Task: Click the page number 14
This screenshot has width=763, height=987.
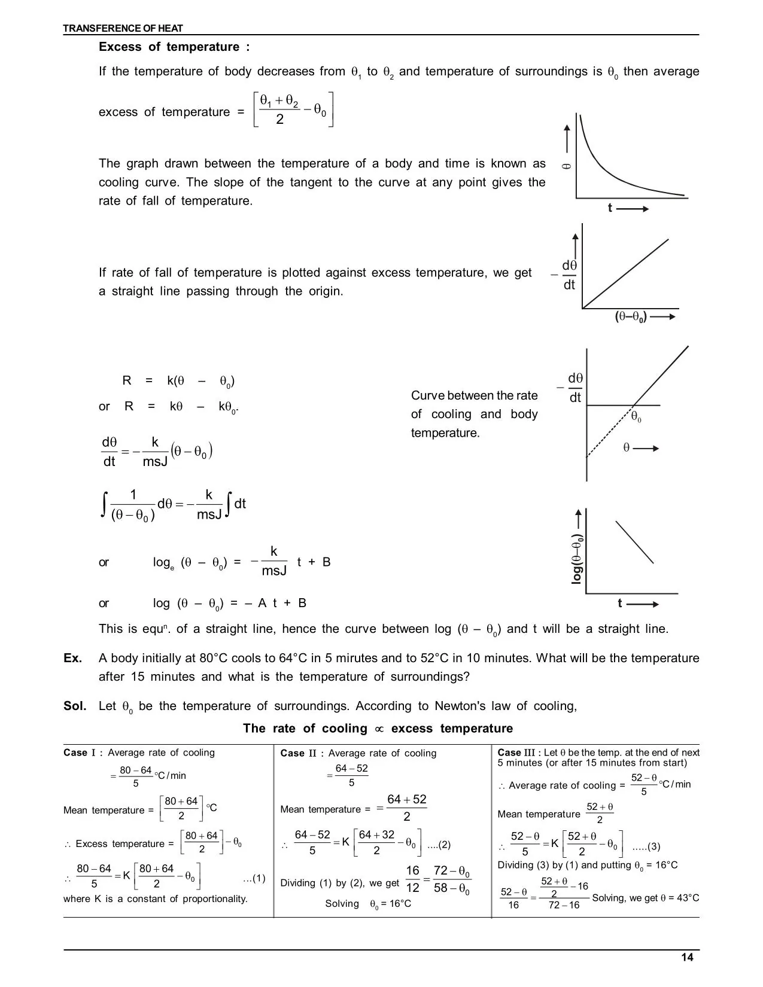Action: tap(687, 958)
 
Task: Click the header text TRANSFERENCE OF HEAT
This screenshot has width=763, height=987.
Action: tap(123, 28)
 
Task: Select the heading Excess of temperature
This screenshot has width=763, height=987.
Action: tap(174, 47)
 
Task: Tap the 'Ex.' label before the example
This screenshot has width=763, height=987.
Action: tap(72, 659)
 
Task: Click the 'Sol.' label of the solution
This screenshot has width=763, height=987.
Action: tap(75, 706)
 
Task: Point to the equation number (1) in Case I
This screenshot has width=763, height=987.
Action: tap(254, 879)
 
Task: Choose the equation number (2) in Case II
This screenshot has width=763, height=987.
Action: tap(439, 845)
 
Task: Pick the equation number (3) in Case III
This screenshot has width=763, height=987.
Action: tap(646, 846)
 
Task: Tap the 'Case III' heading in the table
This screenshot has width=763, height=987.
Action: tap(517, 753)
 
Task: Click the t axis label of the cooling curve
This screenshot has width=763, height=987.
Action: tap(610, 208)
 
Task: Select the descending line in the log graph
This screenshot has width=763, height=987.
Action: tap(634, 542)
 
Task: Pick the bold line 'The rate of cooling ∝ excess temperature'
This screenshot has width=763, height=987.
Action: tap(378, 729)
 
